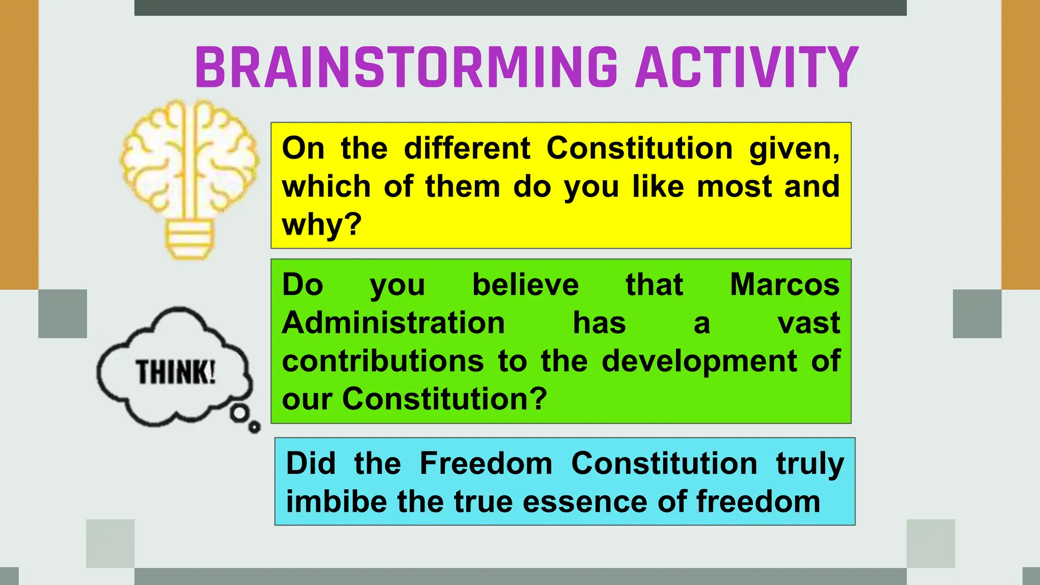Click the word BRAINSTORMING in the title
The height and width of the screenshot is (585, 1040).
click(x=406, y=68)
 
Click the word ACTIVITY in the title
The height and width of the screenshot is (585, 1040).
click(x=746, y=68)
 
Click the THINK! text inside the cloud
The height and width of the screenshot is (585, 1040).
click(x=175, y=372)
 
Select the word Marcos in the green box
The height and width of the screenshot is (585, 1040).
click(x=785, y=284)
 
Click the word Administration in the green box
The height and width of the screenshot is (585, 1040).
click(x=394, y=323)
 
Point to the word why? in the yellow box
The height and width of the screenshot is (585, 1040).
click(x=321, y=224)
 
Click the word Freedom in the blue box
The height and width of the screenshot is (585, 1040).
click(x=486, y=464)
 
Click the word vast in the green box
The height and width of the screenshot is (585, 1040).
click(x=808, y=323)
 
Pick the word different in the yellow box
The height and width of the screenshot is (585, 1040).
click(x=467, y=148)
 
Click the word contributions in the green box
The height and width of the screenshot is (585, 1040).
click(x=383, y=361)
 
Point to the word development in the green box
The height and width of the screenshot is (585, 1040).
click(x=699, y=361)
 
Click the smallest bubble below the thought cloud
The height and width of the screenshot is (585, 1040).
click(x=254, y=428)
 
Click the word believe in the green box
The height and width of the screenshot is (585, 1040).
click(x=525, y=284)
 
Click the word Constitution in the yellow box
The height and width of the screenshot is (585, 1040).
click(x=639, y=148)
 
